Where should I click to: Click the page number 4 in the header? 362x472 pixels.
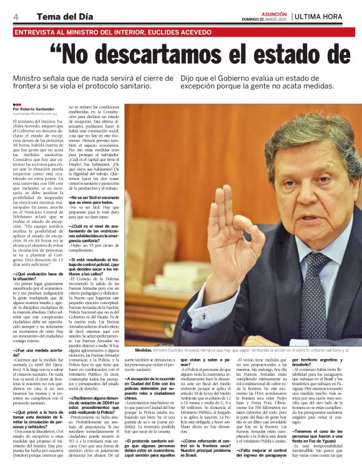[x=16, y=16]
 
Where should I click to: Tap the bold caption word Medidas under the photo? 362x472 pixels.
[x=143, y=350]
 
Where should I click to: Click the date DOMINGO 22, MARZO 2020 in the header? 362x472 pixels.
[x=265, y=18]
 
